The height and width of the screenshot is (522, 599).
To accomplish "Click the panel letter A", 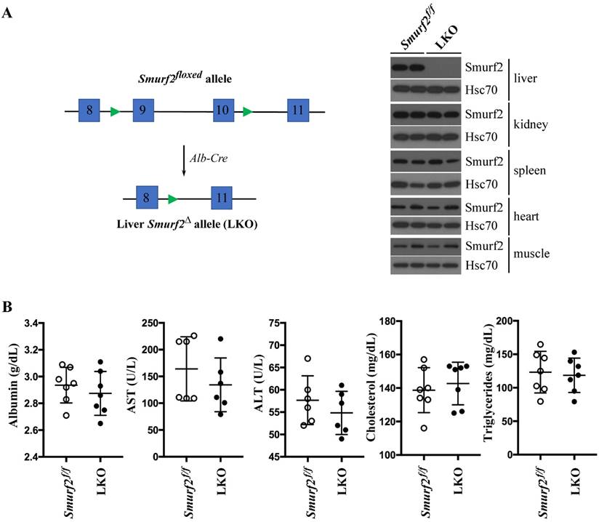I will [x=8, y=12].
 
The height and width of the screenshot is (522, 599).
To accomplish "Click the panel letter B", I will [x=8, y=308].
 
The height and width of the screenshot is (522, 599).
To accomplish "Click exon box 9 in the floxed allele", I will [x=143, y=111].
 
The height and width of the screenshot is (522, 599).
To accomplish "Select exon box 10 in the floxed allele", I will [x=224, y=111].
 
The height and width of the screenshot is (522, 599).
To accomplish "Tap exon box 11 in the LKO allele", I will [x=222, y=198].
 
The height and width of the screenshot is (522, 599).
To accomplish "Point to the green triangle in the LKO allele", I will [x=172, y=198].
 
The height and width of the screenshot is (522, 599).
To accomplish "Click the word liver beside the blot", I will [x=526, y=78].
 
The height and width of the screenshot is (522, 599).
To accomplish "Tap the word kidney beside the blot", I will [x=531, y=124].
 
